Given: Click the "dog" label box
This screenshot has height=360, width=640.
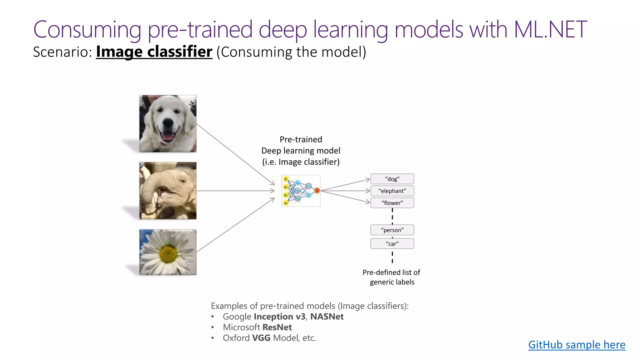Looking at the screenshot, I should [392, 179].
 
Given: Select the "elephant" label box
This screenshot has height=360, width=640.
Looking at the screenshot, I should [392, 191].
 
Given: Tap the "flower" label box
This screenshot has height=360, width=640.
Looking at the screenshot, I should [392, 203].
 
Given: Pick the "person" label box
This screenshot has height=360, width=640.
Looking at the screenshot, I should [392, 230].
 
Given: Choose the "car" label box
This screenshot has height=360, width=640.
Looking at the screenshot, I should [392, 244].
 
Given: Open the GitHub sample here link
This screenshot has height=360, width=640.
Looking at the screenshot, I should [577, 345].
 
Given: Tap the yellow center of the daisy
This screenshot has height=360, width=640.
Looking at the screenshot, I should [168, 254].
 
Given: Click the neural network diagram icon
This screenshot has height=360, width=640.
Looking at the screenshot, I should [301, 191].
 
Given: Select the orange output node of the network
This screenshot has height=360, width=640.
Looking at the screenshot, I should [317, 190].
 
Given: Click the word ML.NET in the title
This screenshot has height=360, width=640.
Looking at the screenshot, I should [550, 30].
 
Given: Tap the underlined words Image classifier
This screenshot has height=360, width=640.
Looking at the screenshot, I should [154, 52].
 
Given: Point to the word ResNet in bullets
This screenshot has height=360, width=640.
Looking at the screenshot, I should [277, 327].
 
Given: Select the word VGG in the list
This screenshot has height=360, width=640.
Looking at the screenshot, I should [261, 338].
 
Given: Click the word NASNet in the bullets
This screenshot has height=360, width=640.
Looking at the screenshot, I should [327, 317].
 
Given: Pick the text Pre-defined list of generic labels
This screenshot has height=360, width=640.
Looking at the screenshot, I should [392, 277].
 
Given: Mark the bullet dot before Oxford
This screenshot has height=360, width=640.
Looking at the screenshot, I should [212, 338].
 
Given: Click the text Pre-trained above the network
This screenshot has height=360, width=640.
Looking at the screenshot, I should [301, 139].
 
